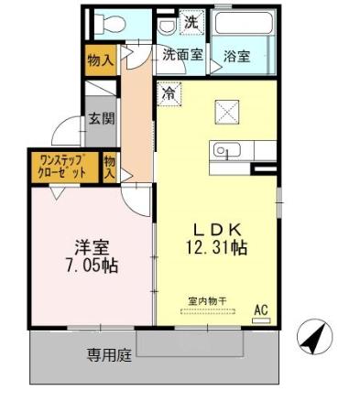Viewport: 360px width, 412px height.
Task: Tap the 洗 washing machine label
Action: click(x=191, y=21)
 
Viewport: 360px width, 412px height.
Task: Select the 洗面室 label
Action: click(x=182, y=54)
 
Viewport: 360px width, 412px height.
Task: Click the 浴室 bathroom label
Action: click(x=237, y=55)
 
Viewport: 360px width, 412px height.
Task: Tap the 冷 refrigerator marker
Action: click(x=169, y=92)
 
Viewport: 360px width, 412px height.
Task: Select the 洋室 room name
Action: click(x=92, y=246)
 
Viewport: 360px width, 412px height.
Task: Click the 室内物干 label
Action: click(x=206, y=299)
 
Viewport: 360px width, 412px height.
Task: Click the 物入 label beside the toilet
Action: click(x=100, y=60)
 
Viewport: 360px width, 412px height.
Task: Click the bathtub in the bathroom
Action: click(x=244, y=23)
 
